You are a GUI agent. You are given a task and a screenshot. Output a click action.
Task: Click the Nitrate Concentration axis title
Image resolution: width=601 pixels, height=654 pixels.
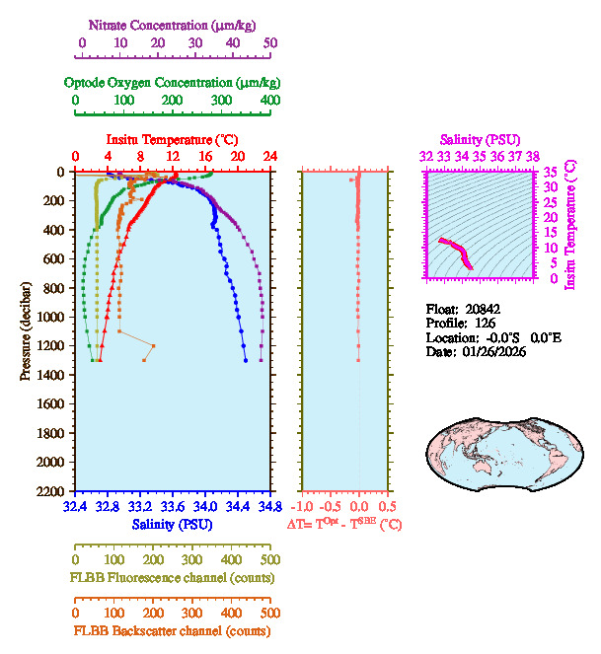[x=176, y=24]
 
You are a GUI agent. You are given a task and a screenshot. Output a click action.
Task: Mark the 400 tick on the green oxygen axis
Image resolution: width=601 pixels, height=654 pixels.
[x=269, y=101]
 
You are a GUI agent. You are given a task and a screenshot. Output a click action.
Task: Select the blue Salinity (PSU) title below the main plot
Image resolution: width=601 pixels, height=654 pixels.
[x=172, y=525]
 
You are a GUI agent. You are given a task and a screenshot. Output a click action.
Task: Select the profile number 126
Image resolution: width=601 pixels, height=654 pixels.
[x=485, y=323]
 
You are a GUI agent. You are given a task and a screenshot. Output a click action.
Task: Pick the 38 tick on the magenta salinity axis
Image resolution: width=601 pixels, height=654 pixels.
[x=533, y=156]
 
